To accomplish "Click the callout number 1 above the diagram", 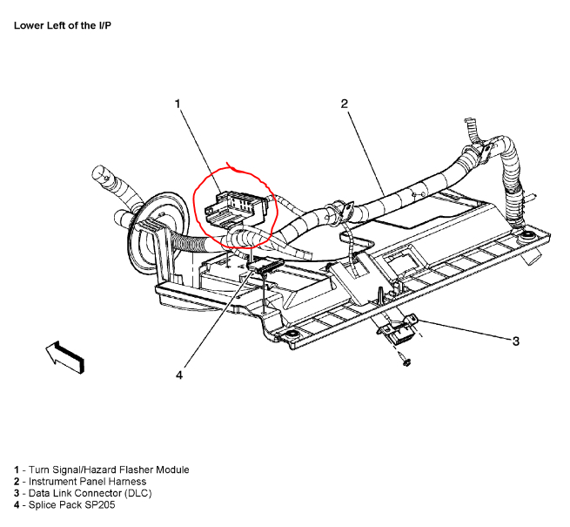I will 178,105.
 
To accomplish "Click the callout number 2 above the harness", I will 344,105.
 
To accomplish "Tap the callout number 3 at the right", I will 515,341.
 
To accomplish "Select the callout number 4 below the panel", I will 179,375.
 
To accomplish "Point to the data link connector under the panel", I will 396,330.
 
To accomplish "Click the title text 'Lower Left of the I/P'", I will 62,25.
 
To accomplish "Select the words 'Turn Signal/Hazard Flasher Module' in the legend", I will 109,470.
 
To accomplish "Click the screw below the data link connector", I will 406,361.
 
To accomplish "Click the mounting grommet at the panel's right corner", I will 526,236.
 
